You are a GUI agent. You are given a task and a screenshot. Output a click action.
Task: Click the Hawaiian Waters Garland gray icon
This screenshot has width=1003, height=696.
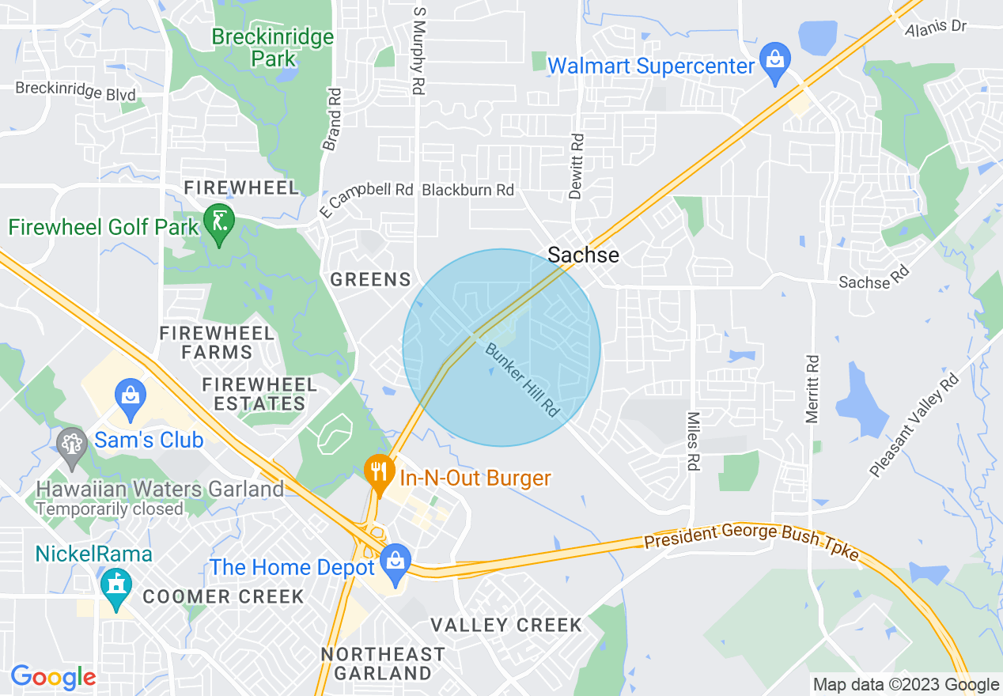click(x=72, y=443)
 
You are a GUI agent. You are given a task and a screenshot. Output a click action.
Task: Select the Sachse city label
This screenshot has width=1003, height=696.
click(x=584, y=255)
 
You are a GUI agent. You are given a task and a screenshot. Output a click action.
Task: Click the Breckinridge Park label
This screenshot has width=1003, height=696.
click(x=273, y=47)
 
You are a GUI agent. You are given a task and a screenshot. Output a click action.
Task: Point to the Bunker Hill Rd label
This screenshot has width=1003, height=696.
click(x=523, y=380)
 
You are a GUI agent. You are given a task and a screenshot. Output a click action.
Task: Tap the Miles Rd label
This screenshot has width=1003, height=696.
click(x=693, y=441)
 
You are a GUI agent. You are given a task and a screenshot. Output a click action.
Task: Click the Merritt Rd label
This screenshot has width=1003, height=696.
click(x=812, y=388)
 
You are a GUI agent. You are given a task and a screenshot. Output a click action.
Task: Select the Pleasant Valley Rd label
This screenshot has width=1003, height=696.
click(x=914, y=425)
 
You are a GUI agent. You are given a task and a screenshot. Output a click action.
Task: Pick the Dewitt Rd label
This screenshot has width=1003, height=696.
click(x=576, y=165)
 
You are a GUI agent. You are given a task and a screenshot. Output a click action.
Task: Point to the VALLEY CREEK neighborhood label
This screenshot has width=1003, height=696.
click(x=506, y=626)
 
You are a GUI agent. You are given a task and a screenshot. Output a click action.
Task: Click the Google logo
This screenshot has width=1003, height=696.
click(x=53, y=677)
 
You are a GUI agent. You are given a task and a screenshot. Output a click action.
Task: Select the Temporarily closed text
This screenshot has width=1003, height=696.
click(x=110, y=509)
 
